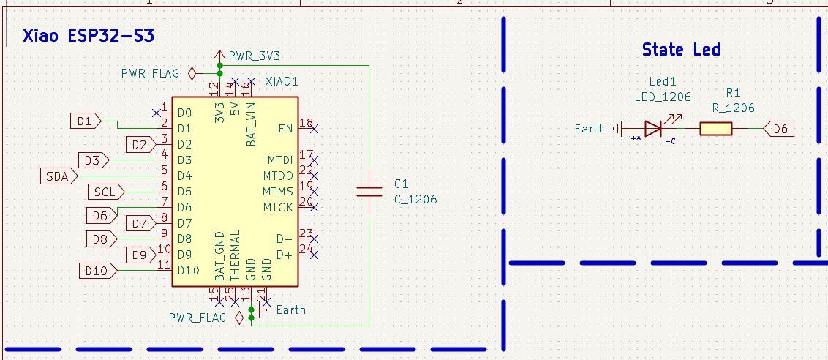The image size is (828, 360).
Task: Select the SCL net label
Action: (x=105, y=192)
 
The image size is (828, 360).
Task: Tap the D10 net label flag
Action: (x=96, y=271)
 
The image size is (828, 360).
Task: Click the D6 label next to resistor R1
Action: (x=780, y=130)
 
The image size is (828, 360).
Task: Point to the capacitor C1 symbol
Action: (x=369, y=192)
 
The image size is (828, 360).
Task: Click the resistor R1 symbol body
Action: (x=715, y=130)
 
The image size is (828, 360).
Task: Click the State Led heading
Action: (x=680, y=50)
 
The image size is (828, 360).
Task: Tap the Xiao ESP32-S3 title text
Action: (x=88, y=36)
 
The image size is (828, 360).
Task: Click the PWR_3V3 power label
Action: (x=254, y=55)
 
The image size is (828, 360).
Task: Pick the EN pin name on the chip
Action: (x=285, y=129)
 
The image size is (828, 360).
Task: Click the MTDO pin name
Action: (x=279, y=176)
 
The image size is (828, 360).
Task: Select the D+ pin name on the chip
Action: (x=284, y=255)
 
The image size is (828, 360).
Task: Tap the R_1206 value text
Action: (x=734, y=108)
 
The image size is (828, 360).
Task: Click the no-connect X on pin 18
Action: (x=314, y=129)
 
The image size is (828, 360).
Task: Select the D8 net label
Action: (x=99, y=239)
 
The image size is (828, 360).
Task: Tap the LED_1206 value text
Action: (x=662, y=96)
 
